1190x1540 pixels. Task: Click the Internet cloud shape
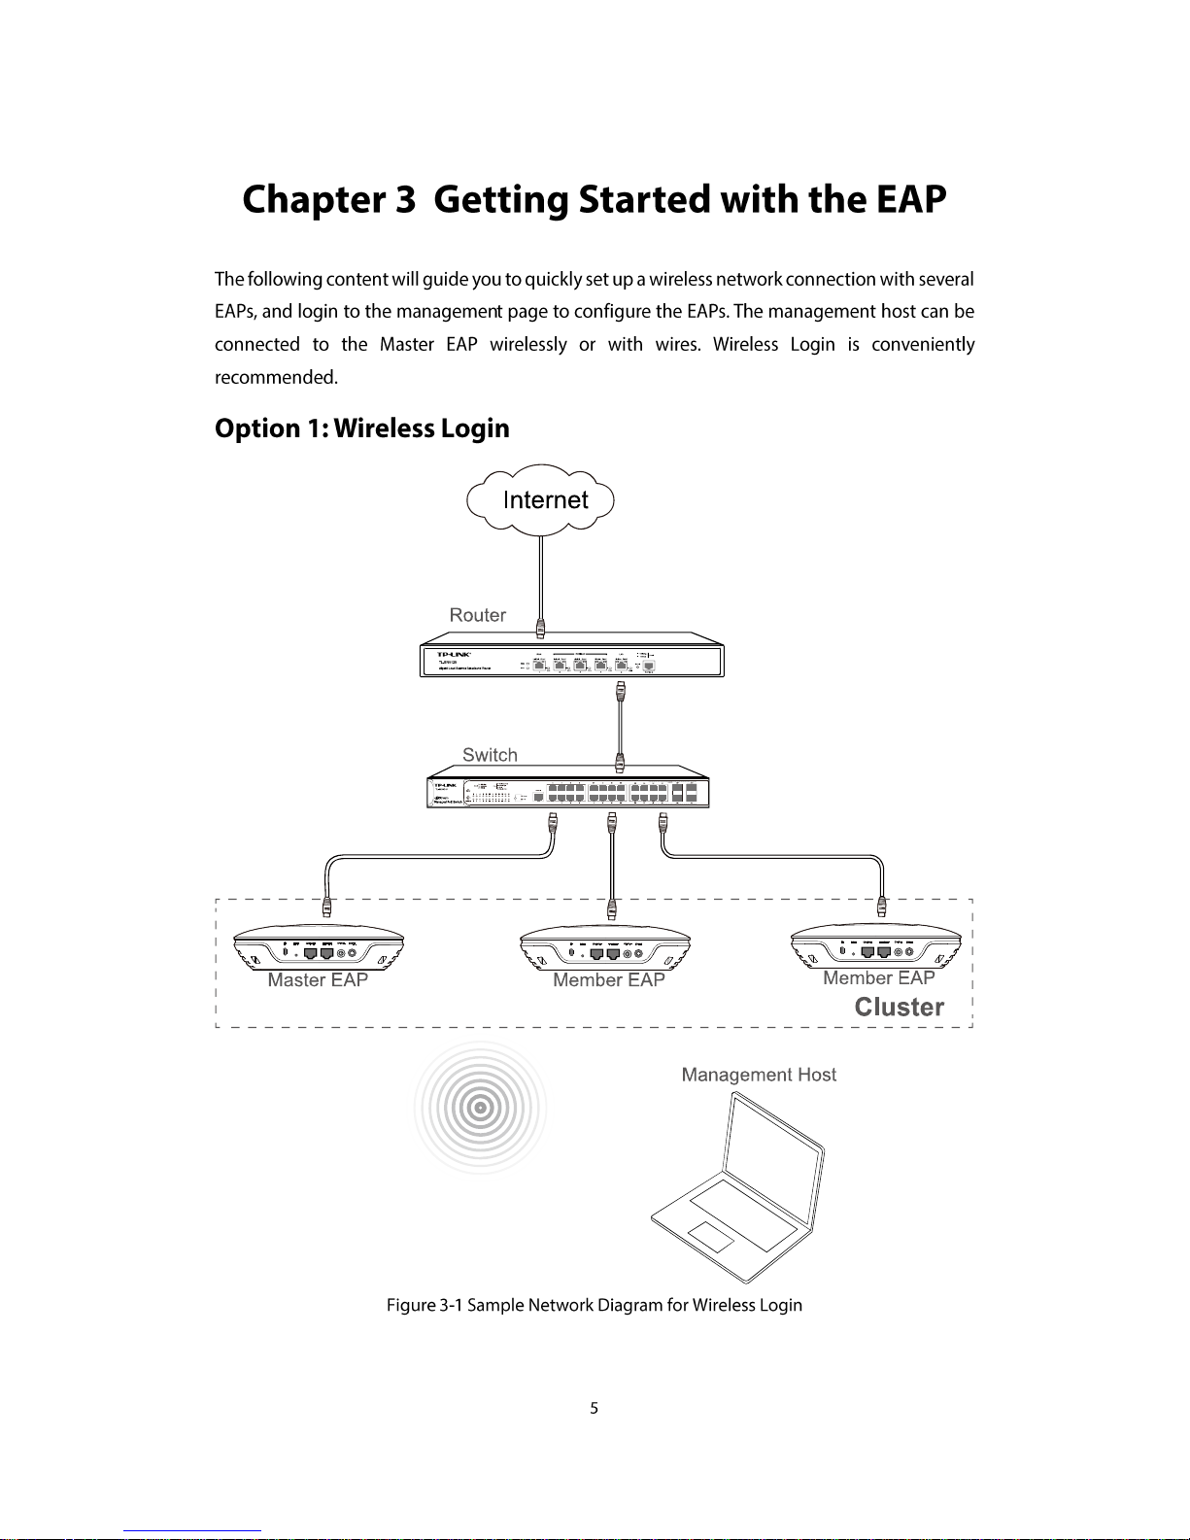click(541, 499)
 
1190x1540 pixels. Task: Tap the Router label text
click(477, 615)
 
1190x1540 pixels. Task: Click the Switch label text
click(490, 755)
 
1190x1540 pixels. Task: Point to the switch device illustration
click(568, 791)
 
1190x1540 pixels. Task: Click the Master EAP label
click(318, 980)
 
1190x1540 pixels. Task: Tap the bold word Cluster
click(899, 1007)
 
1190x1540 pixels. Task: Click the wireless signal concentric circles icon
click(480, 1108)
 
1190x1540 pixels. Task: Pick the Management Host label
click(759, 1075)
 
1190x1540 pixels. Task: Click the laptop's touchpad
click(711, 1237)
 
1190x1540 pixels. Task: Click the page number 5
click(595, 1408)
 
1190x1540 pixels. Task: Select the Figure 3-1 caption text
click(595, 1305)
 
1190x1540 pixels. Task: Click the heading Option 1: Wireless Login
click(361, 428)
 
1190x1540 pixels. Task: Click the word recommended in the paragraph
click(276, 377)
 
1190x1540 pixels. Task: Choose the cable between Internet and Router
click(541, 578)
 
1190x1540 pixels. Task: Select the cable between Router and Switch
click(620, 724)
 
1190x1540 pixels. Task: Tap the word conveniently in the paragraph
click(923, 345)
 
